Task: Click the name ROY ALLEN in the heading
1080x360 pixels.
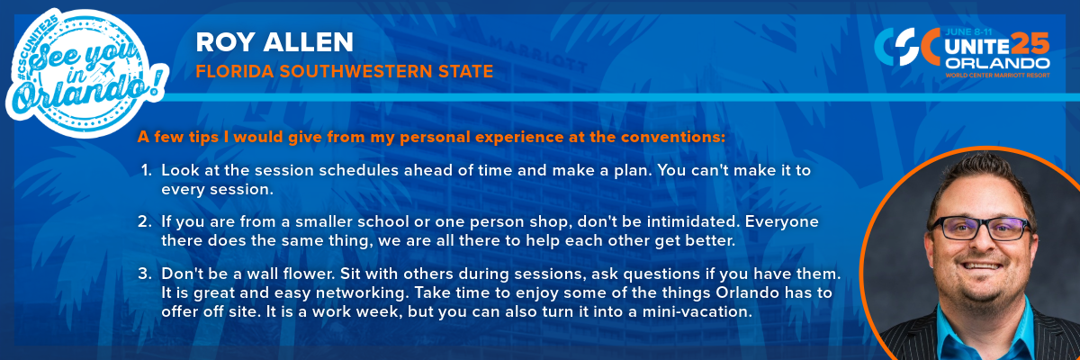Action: coord(274,42)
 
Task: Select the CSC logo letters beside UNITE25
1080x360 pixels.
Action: coord(906,47)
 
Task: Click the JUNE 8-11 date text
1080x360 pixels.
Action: coord(969,32)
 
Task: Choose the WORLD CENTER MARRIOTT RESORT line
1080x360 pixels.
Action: coord(997,76)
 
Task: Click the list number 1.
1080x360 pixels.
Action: coord(146,170)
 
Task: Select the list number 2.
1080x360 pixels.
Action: coord(145,221)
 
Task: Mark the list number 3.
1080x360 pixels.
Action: coord(145,274)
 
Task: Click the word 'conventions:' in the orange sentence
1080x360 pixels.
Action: coord(673,138)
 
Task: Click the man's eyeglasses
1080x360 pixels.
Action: coord(980,228)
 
